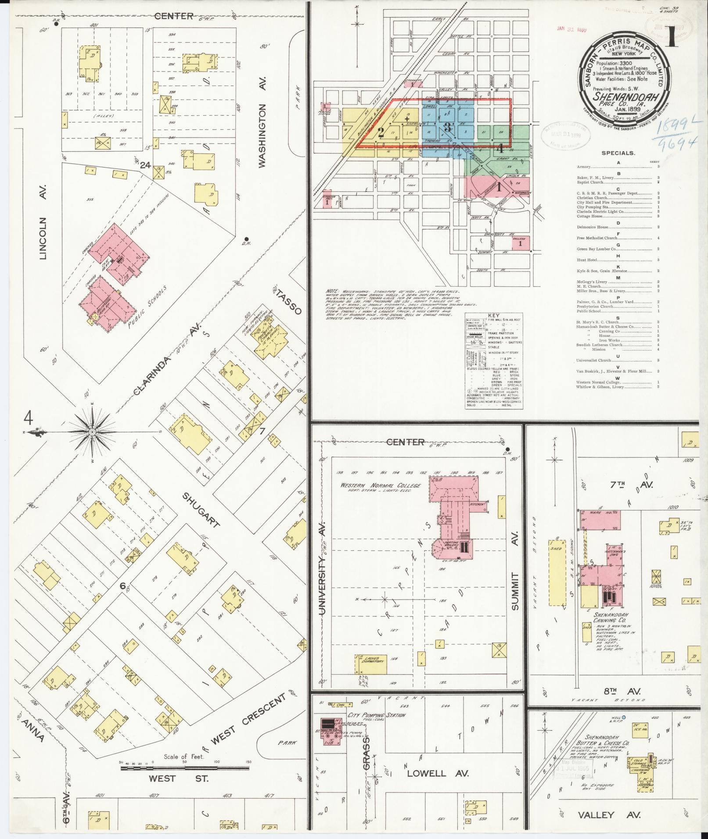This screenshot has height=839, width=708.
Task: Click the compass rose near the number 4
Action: [x=93, y=432]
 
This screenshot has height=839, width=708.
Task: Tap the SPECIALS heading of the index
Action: [x=618, y=154]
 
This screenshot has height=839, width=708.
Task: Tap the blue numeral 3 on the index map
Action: [x=447, y=128]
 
